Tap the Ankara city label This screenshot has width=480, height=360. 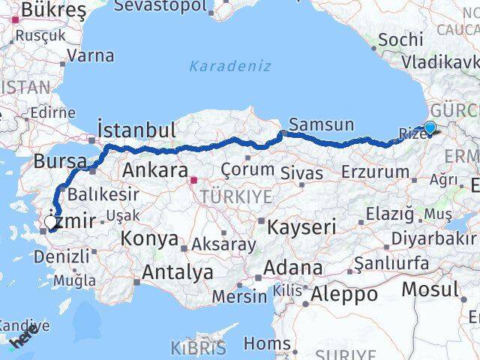[x=154, y=169]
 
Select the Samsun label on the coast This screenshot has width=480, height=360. [x=321, y=124]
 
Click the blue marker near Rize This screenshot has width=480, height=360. [x=430, y=127]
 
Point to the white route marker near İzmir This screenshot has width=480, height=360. [x=52, y=222]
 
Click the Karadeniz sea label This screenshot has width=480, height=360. [x=230, y=66]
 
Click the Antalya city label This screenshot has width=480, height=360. [x=177, y=272]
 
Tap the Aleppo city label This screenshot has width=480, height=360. [x=345, y=294]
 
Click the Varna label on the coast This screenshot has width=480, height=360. [x=91, y=55]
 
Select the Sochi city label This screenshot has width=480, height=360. [x=400, y=40]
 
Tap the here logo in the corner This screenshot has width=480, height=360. [x=22, y=340]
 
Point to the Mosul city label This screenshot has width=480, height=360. [x=430, y=289]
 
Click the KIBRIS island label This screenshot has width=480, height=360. [x=198, y=347]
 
